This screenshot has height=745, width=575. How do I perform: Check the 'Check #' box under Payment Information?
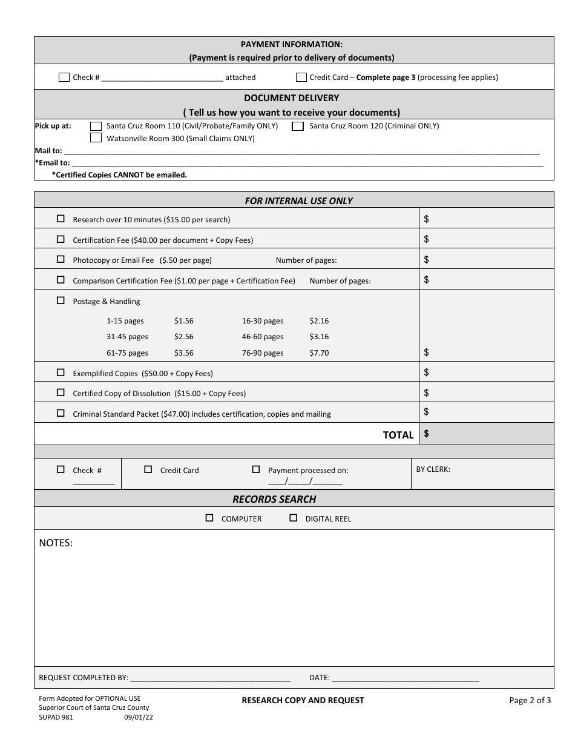point(64,78)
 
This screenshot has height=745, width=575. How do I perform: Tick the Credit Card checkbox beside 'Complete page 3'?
point(301,78)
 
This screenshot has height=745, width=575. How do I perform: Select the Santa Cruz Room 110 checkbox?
point(96,126)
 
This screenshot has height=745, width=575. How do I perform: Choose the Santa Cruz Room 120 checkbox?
point(298,126)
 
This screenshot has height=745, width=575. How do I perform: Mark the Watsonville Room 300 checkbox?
point(96,138)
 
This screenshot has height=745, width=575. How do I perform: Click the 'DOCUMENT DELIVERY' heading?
point(291,98)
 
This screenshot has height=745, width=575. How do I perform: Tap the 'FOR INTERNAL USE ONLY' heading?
point(298,200)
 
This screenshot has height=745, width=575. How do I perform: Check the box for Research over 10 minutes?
point(61,219)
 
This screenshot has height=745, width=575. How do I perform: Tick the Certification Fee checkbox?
point(61,239)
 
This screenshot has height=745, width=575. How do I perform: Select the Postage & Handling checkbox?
point(61,300)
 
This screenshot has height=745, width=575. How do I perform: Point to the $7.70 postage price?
point(319,353)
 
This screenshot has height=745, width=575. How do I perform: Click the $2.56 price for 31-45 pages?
point(183,337)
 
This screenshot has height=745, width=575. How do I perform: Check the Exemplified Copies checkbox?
point(61,372)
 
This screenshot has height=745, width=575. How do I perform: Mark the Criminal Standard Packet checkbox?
point(61,413)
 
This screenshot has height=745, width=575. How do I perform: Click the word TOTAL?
point(398,435)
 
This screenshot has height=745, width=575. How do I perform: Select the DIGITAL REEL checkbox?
point(294,518)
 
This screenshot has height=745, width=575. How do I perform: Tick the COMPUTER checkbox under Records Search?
point(209,518)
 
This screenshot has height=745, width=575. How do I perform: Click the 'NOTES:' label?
point(56,543)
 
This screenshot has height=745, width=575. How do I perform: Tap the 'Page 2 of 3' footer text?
point(530,701)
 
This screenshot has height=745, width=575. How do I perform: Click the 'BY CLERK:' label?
point(433,469)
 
